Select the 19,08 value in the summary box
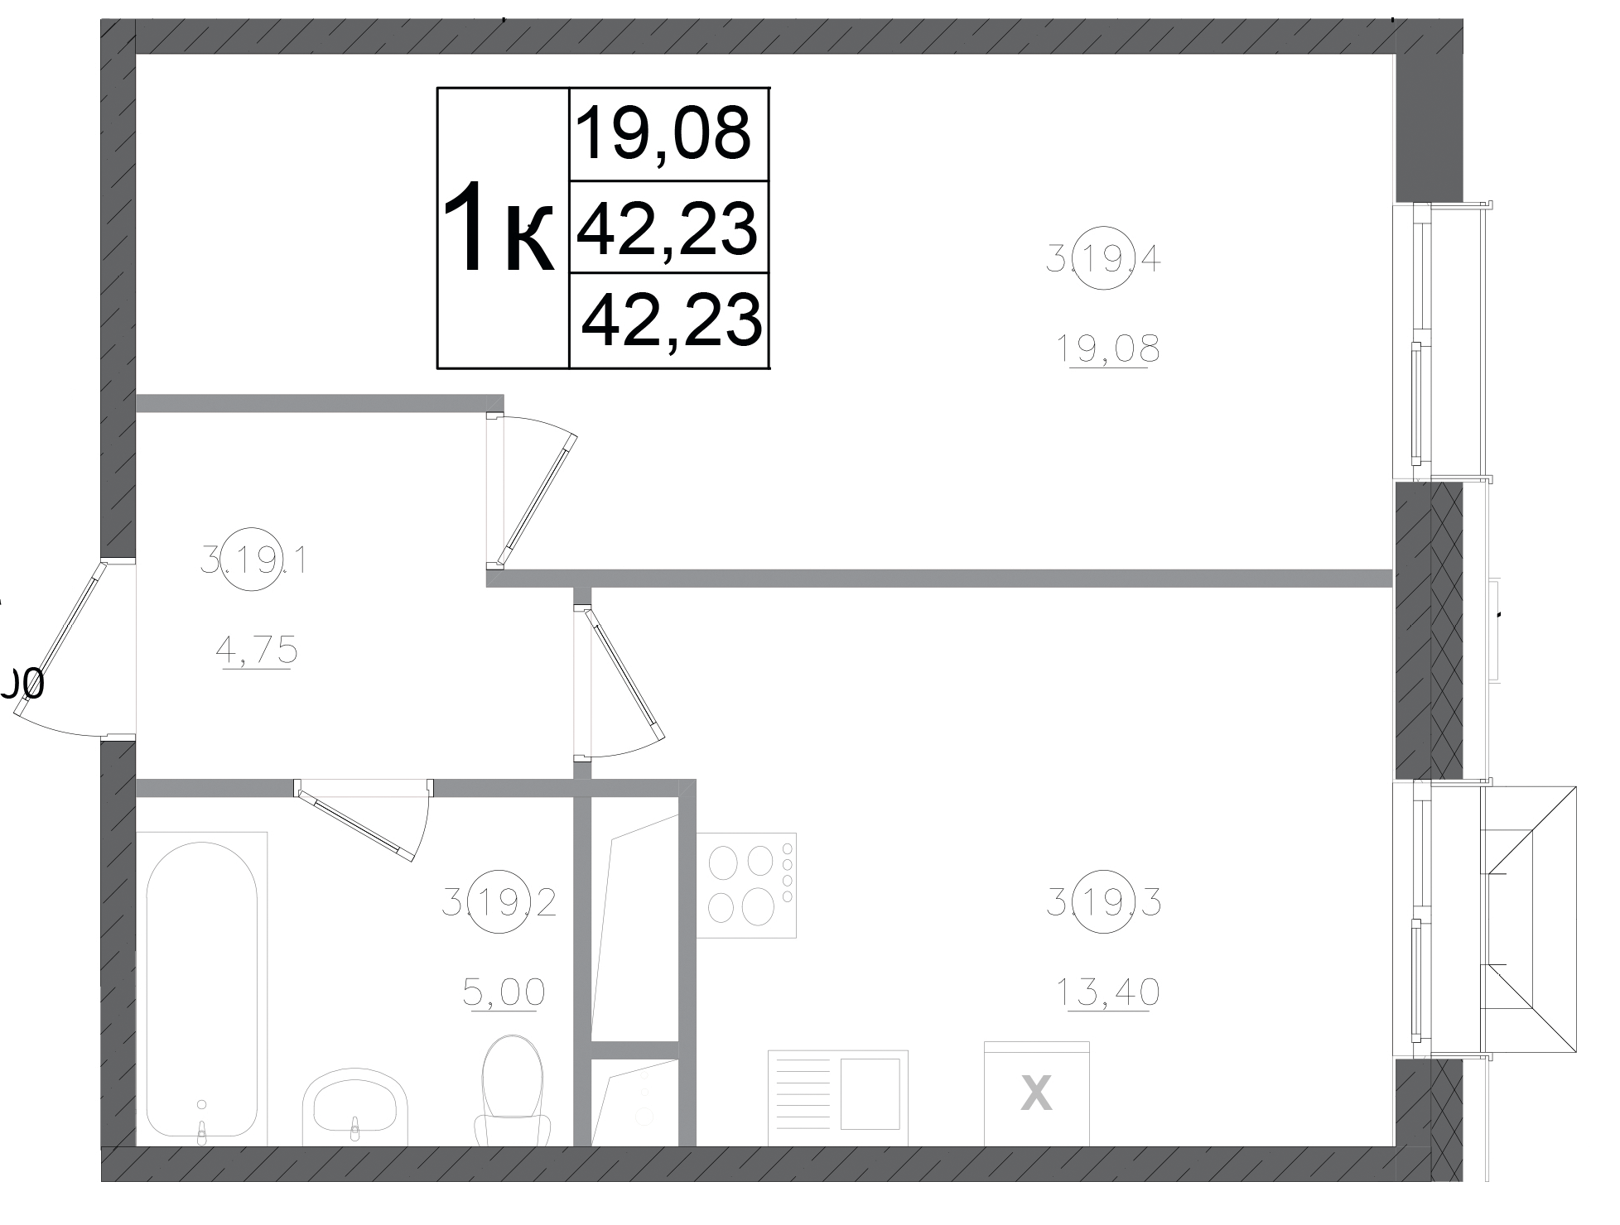click(x=663, y=133)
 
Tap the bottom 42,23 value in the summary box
click(x=671, y=319)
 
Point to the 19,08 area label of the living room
click(x=1107, y=349)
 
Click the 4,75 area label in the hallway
click(x=256, y=651)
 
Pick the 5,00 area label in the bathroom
click(x=504, y=991)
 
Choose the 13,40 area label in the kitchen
click(x=1107, y=992)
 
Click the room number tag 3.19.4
click(x=1103, y=261)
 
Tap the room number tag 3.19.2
click(x=499, y=902)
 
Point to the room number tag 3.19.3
click(x=1103, y=902)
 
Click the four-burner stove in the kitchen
click(x=746, y=884)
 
